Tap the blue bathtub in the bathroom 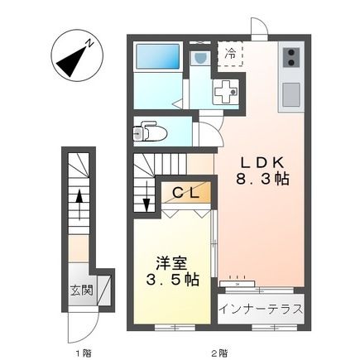157,58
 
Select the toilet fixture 150,130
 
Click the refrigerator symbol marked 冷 232,54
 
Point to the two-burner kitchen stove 292,57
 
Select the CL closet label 185,193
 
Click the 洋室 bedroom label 171,261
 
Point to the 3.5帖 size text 172,279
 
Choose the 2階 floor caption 218,354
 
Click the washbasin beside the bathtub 199,59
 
